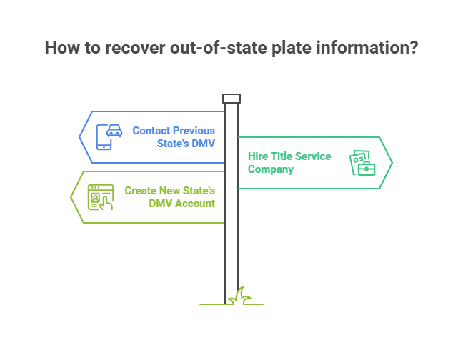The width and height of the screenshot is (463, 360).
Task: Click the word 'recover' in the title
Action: [134, 48]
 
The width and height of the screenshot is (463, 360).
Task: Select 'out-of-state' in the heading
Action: [218, 48]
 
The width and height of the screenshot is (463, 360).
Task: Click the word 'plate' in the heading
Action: [291, 49]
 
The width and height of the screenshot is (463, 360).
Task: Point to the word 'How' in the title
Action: [62, 48]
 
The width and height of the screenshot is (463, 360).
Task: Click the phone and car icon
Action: [109, 137]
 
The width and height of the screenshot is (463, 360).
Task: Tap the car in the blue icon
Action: [114, 131]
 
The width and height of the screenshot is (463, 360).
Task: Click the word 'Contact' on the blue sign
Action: [151, 131]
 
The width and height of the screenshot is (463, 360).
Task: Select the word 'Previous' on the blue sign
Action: [194, 131]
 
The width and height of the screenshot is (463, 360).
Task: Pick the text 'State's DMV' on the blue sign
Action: [186, 144]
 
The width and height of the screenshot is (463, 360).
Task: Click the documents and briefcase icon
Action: [362, 163]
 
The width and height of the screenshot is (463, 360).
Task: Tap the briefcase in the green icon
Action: [367, 168]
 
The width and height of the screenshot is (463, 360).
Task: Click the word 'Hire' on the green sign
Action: [258, 156]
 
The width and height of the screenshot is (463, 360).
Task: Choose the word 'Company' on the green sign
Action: [271, 170]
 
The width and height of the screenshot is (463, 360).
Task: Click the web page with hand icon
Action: [101, 197]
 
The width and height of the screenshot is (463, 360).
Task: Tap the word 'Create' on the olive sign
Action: [140, 191]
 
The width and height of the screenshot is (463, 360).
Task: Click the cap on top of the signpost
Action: [231, 99]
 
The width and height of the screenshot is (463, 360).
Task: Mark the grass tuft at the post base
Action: [240, 296]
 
